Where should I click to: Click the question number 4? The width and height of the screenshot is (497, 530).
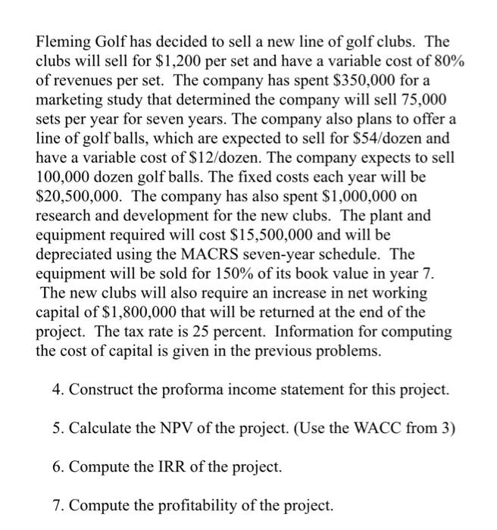click(58, 391)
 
